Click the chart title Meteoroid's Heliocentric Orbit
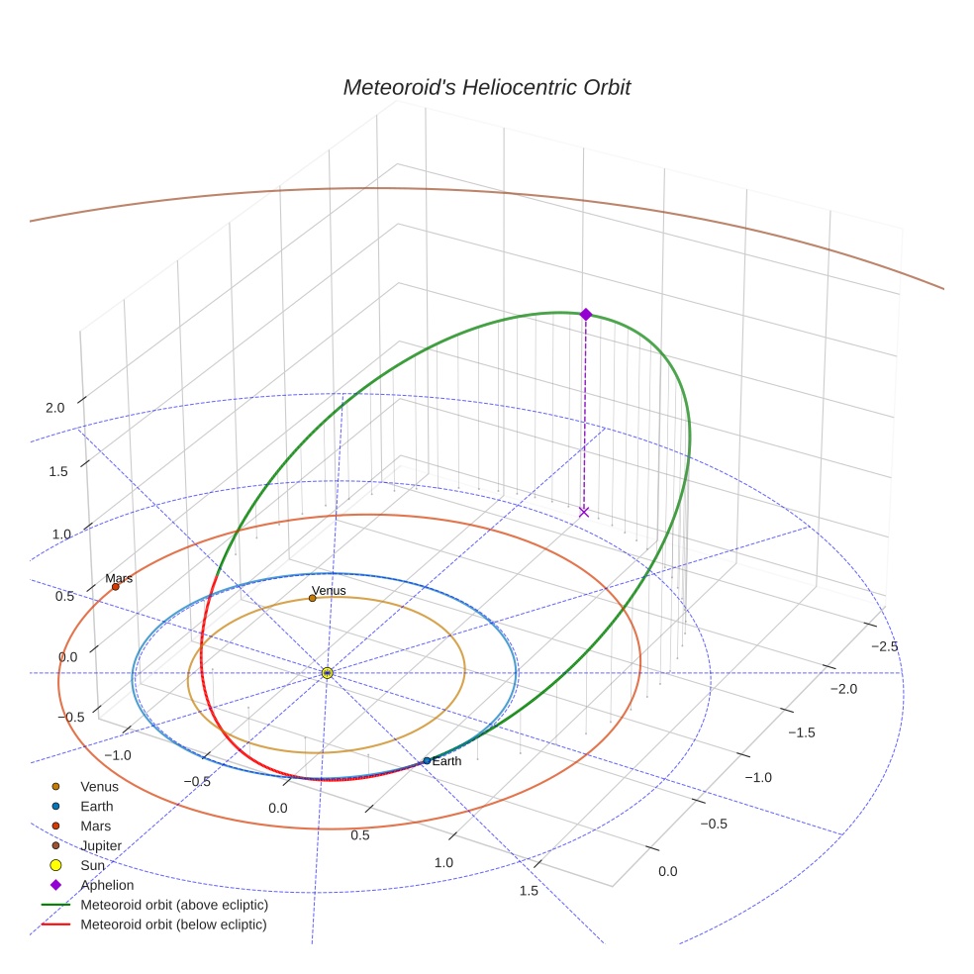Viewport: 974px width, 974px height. click(x=486, y=87)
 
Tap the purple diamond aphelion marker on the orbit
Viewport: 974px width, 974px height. click(x=585, y=314)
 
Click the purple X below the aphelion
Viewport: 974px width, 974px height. click(x=584, y=512)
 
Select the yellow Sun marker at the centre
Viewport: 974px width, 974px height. click(x=328, y=673)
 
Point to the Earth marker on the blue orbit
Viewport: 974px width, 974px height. click(x=427, y=761)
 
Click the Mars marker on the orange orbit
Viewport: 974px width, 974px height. click(x=116, y=587)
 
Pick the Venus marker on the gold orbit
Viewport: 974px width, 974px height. click(x=313, y=598)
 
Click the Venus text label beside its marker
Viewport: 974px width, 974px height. click(x=329, y=591)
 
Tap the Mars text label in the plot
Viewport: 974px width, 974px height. click(x=119, y=578)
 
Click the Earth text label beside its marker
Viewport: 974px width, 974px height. click(x=446, y=761)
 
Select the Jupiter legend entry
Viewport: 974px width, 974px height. click(x=101, y=845)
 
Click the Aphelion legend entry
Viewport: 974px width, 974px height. click(x=107, y=885)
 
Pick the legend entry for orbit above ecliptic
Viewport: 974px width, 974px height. click(x=174, y=905)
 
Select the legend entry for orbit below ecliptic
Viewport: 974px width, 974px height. click(x=173, y=925)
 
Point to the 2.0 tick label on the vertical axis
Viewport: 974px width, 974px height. click(x=54, y=408)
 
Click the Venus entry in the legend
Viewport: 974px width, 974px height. click(x=99, y=787)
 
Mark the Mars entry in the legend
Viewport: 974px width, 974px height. click(x=95, y=826)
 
